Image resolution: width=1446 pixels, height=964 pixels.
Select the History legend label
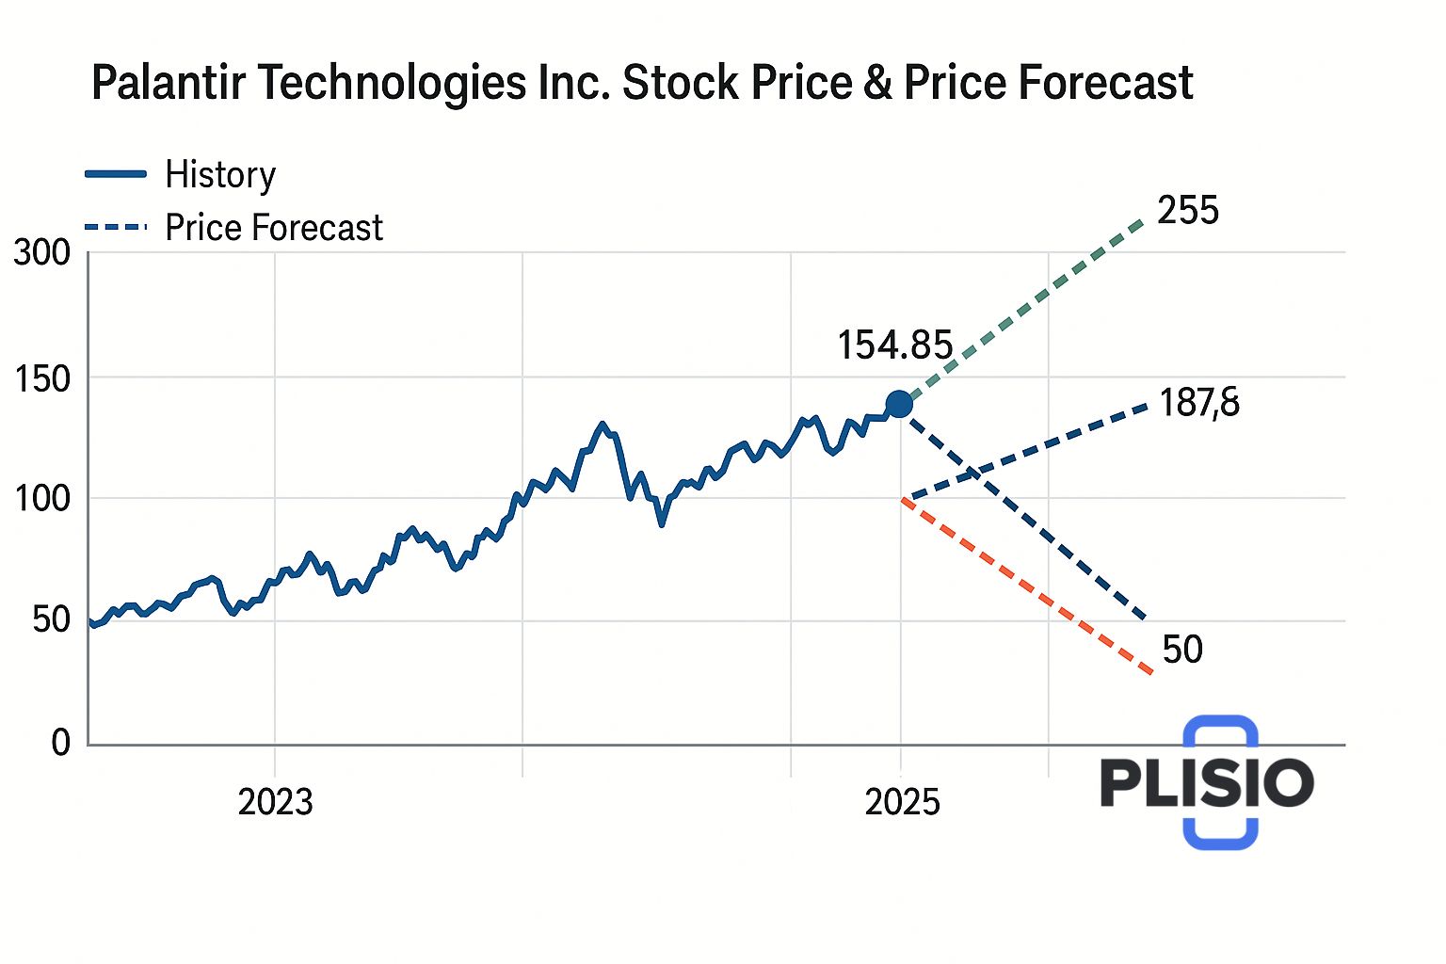point(220,175)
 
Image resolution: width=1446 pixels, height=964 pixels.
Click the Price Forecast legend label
point(274,228)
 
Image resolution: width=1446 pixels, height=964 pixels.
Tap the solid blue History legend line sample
point(116,174)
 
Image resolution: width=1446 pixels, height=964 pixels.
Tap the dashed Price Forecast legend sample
point(116,227)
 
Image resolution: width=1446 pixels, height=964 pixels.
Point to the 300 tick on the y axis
point(41,252)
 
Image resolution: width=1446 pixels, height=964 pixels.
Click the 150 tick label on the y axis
point(41,378)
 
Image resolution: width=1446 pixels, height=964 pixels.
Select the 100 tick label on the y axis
point(41,498)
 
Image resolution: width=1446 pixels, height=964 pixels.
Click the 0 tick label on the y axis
point(60,743)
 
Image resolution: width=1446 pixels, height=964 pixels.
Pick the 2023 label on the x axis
point(275,802)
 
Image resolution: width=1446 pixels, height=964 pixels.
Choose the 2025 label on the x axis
point(902,802)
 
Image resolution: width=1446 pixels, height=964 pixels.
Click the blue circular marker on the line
point(899,404)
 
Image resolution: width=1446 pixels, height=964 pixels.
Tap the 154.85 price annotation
point(895,345)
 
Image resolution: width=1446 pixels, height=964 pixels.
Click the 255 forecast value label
point(1188,210)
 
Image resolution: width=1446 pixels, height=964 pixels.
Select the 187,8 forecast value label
point(1199,403)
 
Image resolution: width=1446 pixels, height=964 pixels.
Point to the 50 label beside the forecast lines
point(1182,650)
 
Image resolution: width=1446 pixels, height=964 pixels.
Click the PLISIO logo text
point(1207,782)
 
